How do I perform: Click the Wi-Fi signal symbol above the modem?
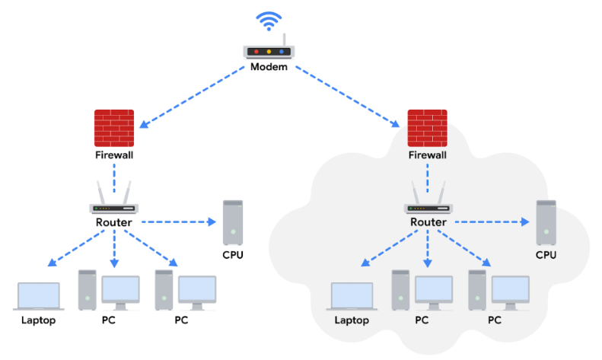[269, 21]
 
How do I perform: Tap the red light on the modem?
[256, 52]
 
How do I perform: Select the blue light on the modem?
[282, 52]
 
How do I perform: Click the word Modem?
[269, 67]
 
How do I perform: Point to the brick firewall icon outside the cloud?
[114, 128]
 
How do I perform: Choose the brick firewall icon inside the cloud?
[427, 128]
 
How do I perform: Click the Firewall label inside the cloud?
[427, 155]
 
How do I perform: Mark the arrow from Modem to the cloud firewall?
[347, 97]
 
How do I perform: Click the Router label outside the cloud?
[114, 222]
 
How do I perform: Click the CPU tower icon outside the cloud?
[233, 222]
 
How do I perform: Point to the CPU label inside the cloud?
[546, 254]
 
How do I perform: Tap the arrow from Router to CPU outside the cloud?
[178, 222]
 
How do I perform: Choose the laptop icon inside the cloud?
[352, 296]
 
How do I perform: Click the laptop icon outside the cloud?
[39, 296]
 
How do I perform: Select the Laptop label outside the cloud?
[39, 320]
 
